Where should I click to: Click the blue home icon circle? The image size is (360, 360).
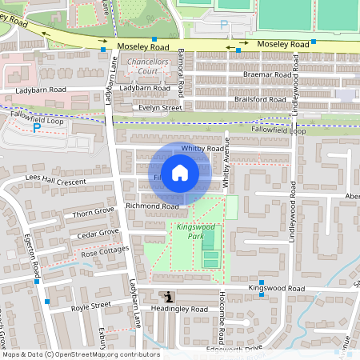pyautogui.click(x=180, y=173)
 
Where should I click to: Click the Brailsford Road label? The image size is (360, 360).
pyautogui.click(x=260, y=99)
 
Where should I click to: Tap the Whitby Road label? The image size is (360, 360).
pyautogui.click(x=202, y=149)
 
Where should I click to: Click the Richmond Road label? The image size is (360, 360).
pyautogui.click(x=152, y=206)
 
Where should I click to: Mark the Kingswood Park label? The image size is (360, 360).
pyautogui.click(x=190, y=231)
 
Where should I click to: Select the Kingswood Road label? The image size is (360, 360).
pyautogui.click(x=276, y=287)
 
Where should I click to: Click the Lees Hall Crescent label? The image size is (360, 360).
pyautogui.click(x=54, y=180)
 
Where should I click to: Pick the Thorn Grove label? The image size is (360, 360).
pyautogui.click(x=94, y=213)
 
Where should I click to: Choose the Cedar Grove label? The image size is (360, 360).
pyautogui.click(x=98, y=234)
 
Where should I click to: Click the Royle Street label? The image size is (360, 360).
pyautogui.click(x=90, y=306)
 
